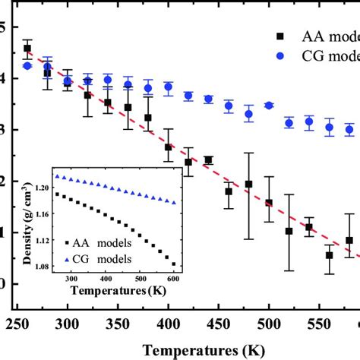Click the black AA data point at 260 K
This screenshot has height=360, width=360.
pos(27,49)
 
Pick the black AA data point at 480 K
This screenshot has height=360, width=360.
pos(248,185)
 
